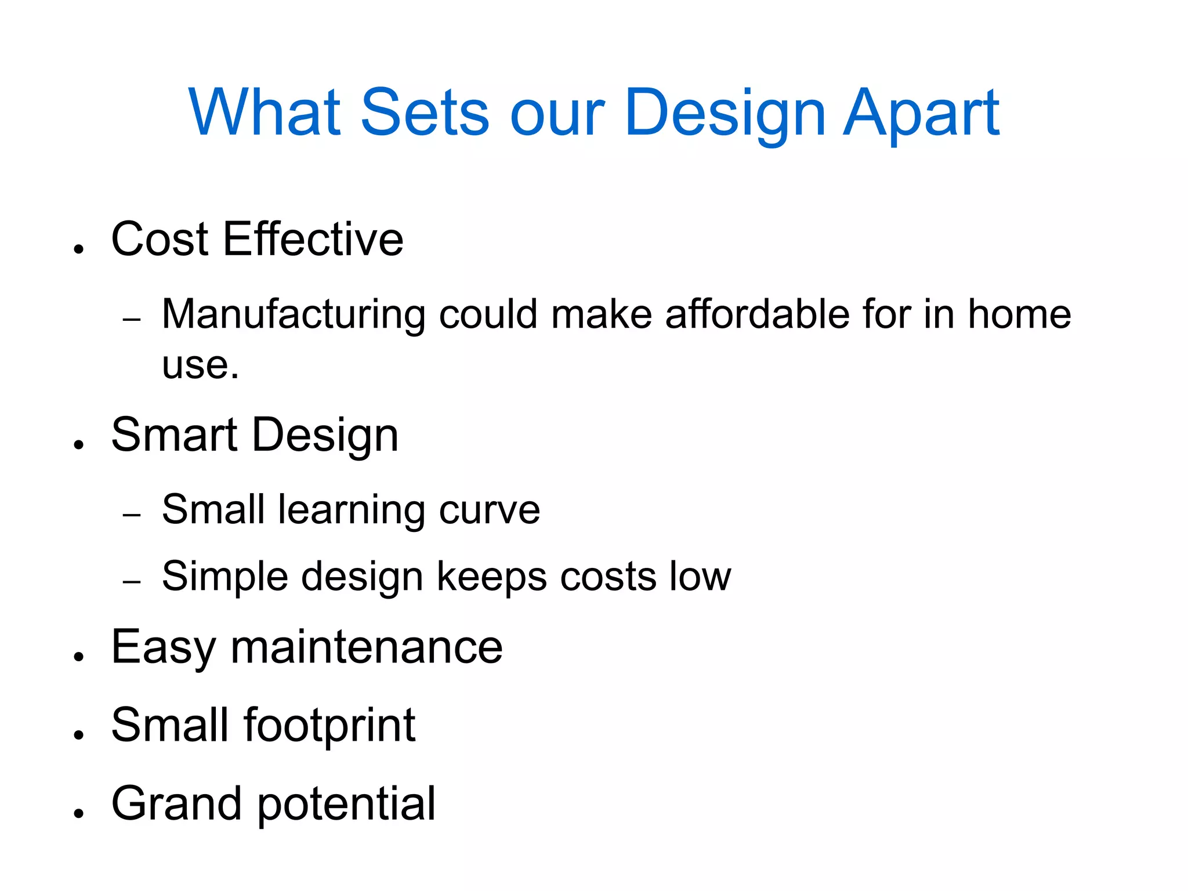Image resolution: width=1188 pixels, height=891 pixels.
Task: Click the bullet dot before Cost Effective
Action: (79, 249)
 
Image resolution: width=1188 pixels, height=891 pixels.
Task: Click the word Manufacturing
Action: (294, 314)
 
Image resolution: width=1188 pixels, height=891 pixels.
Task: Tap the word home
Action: (1019, 314)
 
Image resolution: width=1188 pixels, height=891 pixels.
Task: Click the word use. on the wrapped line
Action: (200, 365)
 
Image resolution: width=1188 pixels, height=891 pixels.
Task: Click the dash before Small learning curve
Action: (132, 515)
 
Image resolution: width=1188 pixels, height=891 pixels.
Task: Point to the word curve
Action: (490, 510)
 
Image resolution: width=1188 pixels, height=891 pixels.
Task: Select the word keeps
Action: (492, 578)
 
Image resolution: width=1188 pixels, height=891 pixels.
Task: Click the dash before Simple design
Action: (132, 581)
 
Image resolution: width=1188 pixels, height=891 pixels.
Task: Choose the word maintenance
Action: (367, 647)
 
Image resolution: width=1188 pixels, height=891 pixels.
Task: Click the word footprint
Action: (329, 726)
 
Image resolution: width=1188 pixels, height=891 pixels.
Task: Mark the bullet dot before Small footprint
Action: (79, 734)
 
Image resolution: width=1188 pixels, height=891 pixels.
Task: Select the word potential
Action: (346, 805)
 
